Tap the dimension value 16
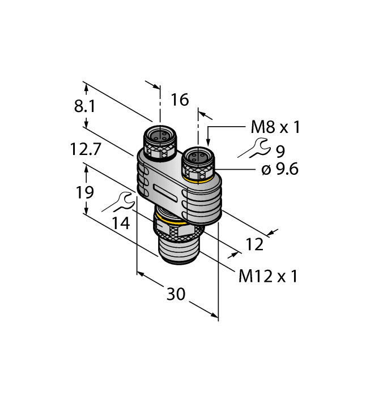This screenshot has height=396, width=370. click(x=180, y=100)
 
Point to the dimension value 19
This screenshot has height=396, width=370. click(x=86, y=192)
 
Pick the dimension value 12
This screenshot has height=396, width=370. click(x=256, y=244)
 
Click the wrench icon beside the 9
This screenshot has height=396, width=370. click(x=253, y=149)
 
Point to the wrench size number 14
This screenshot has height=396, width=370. click(x=120, y=222)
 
